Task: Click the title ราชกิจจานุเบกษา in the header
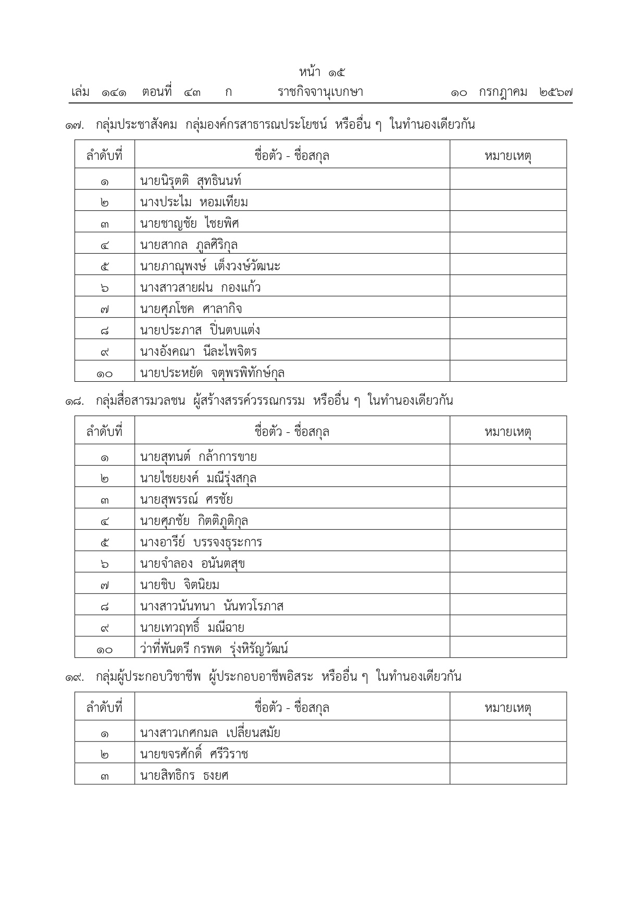tap(320, 93)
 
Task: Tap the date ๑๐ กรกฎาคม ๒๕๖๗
tap(512, 93)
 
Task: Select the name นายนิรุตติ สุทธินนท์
tap(191, 181)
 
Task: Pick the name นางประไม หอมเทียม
tap(194, 202)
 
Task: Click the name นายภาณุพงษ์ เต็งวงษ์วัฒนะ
tap(210, 266)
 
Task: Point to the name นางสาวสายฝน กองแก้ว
tap(200, 287)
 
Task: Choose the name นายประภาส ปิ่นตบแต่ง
tap(200, 330)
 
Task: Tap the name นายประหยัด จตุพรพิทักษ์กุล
tap(212, 373)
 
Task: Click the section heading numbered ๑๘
tap(259, 401)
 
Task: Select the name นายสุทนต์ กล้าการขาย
tap(198, 457)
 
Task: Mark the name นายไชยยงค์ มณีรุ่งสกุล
tap(198, 478)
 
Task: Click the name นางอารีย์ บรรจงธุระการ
tap(201, 542)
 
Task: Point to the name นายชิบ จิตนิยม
tap(179, 585)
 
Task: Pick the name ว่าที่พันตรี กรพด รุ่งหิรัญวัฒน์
tap(214, 649)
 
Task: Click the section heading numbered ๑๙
tap(263, 677)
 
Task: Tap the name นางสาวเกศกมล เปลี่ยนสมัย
tap(210, 733)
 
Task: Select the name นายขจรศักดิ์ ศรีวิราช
tap(194, 754)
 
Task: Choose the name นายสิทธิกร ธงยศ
tap(184, 775)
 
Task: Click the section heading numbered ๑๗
tap(270, 125)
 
